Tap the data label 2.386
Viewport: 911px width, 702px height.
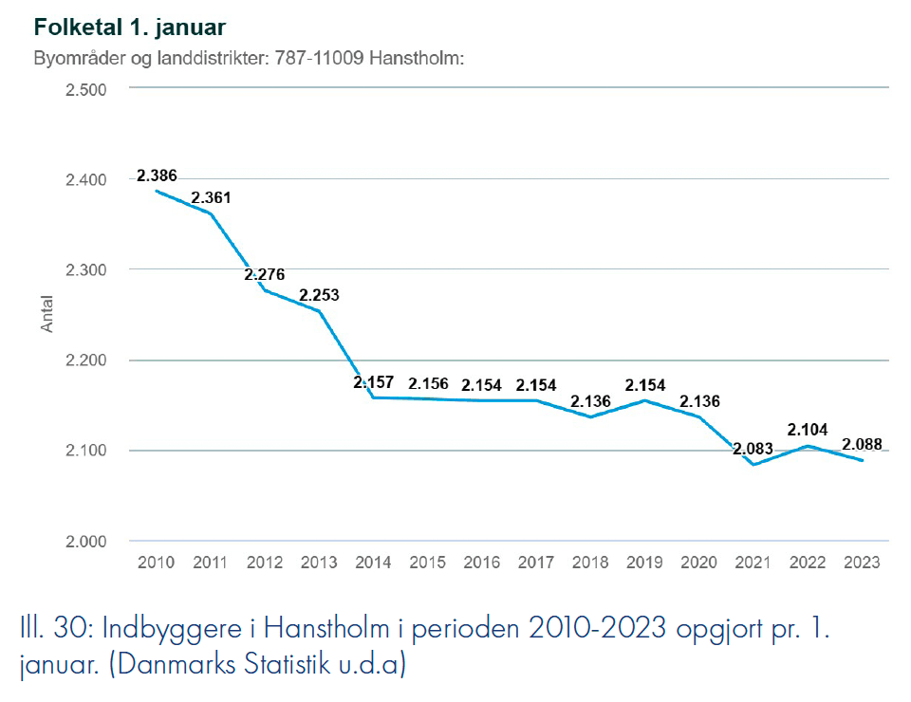(157, 175)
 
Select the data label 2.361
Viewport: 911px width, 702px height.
(211, 198)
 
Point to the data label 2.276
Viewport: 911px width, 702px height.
(264, 274)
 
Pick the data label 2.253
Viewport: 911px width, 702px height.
(319, 295)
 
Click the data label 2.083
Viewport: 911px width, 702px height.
(753, 449)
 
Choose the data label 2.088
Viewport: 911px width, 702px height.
(862, 443)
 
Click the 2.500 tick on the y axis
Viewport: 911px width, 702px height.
(85, 89)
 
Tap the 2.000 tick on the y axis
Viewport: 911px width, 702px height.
(85, 541)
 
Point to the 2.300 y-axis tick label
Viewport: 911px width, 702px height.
(85, 269)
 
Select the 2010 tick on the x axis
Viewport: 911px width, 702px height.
(156, 563)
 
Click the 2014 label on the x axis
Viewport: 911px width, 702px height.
(373, 563)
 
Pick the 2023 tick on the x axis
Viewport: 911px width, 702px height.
(862, 563)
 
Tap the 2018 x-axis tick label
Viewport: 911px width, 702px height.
(590, 563)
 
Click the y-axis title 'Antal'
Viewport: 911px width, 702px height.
(47, 315)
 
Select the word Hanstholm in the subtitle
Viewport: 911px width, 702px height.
(420, 59)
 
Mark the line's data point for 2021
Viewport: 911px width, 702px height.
(753, 465)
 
